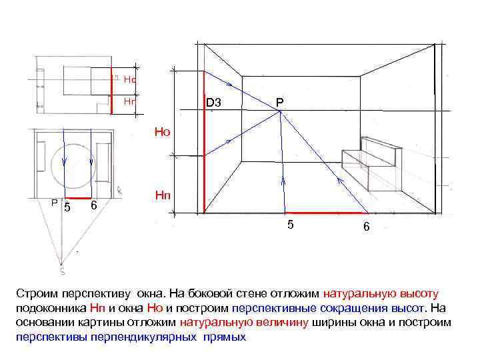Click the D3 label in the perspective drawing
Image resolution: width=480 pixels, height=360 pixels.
tap(214, 103)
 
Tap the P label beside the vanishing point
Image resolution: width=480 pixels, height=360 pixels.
tap(280, 102)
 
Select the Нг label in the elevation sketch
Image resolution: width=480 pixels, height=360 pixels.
tap(130, 102)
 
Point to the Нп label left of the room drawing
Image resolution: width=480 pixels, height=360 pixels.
tap(163, 195)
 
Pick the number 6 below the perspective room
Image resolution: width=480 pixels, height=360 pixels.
tap(367, 227)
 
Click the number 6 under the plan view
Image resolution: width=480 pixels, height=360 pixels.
tap(94, 205)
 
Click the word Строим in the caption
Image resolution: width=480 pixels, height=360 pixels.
tap(35, 293)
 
